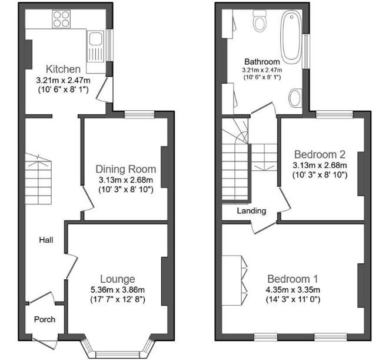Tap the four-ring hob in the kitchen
(61, 21)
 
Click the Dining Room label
(125, 169)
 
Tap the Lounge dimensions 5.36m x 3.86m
(117, 289)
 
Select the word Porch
(45, 320)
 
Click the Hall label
(46, 240)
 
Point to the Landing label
(251, 211)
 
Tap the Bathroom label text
(262, 61)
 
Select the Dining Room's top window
(137, 114)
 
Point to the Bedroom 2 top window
(334, 114)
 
